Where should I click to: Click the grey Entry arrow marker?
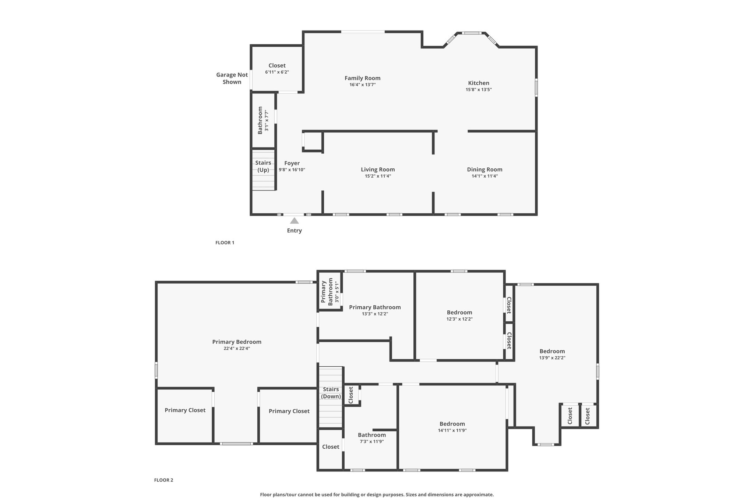tap(294, 221)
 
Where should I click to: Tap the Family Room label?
tap(363, 78)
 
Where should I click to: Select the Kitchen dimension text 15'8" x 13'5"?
tap(479, 89)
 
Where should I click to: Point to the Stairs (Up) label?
tap(263, 166)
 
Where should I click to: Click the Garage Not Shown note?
tap(232, 78)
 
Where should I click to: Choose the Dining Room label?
tap(485, 170)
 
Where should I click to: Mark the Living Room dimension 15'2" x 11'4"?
tap(378, 176)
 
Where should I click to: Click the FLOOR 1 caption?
tap(225, 243)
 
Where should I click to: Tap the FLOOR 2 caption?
tap(163, 480)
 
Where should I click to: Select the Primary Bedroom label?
tap(237, 342)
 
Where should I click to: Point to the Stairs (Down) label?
tap(331, 393)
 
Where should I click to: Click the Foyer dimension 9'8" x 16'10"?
tap(292, 170)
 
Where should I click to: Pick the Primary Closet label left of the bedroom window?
tap(185, 410)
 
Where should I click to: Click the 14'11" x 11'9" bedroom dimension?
tap(452, 430)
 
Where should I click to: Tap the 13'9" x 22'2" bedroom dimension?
tap(552, 357)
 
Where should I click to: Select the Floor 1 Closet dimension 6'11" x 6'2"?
tap(277, 72)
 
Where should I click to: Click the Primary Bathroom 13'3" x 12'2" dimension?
tap(375, 314)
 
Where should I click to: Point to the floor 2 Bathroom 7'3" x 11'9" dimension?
tap(372, 441)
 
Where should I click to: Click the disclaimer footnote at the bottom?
tap(377, 495)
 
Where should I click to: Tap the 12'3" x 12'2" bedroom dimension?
tap(459, 319)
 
